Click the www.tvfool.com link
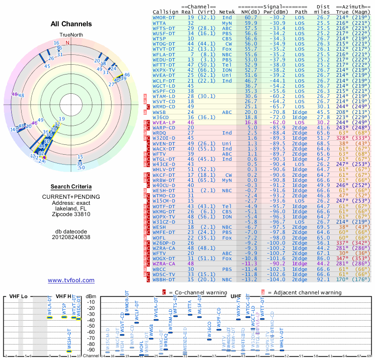[71, 280]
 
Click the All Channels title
[71, 24]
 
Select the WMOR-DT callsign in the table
[164, 17]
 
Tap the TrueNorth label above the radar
[70, 36]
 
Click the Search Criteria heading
[71, 187]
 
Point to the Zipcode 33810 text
[71, 214]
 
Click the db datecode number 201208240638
[71, 237]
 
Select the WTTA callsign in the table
[159, 22]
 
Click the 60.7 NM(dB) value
[251, 17]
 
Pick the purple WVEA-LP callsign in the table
[164, 122]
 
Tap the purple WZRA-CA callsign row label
[164, 264]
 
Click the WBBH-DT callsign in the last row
[164, 279]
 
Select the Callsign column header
[166, 12]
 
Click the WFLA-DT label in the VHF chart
[50, 305]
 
